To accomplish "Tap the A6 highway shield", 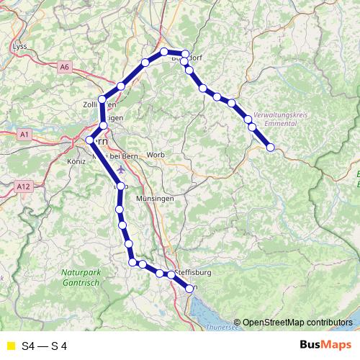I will click(66, 67).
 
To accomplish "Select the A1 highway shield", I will click(24, 134).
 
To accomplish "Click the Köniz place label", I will click(76, 163).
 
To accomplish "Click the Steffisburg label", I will click(192, 274).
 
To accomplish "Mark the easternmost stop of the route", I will click(271, 148).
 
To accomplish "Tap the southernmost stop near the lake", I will click(189, 288).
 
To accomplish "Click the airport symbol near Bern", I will click(120, 171).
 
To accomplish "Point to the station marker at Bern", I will click(90, 140).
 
